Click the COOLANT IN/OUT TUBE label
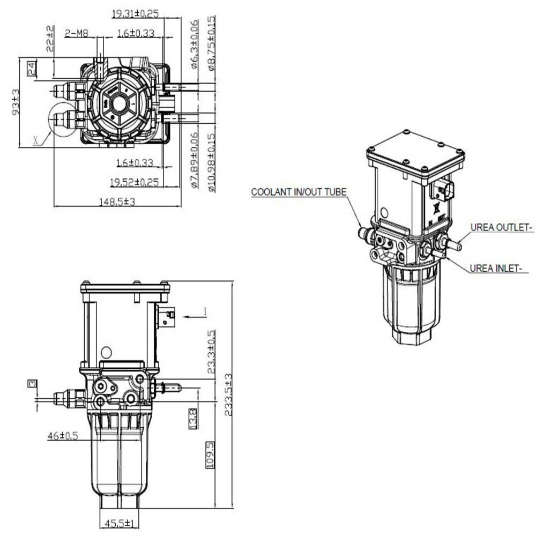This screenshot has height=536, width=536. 299,192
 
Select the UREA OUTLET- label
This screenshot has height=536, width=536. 502,228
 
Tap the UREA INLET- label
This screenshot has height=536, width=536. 496,269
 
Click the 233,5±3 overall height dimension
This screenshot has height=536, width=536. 229,394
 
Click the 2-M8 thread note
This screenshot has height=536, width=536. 77,33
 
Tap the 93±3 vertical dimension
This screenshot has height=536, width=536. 16,102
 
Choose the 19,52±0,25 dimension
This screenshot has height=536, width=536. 134,182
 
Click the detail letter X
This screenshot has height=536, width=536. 35,140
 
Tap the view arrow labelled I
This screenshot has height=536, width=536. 204,311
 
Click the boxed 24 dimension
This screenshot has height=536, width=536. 31,68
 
